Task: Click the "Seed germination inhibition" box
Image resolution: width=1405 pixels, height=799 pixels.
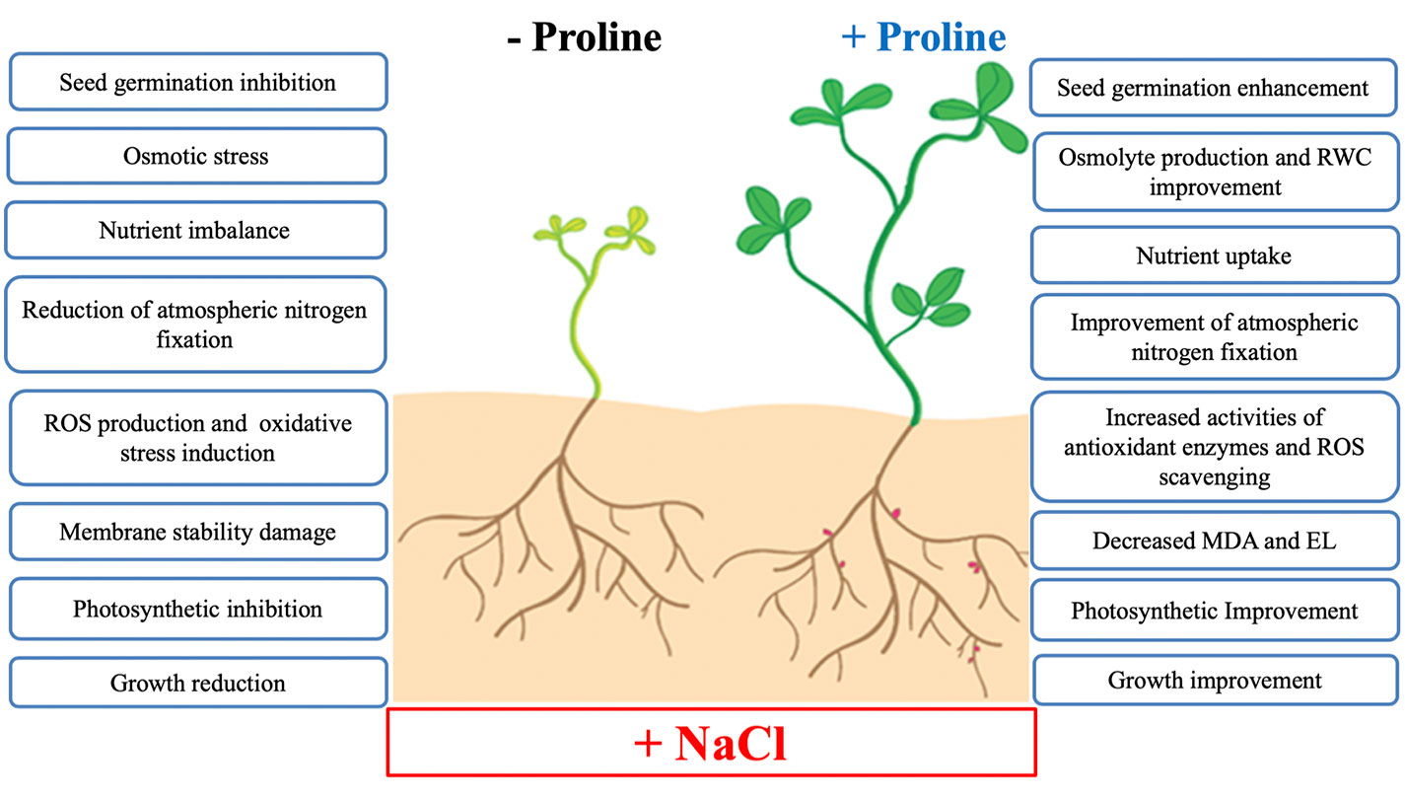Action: point(197,82)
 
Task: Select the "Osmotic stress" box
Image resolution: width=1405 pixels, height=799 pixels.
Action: point(196,156)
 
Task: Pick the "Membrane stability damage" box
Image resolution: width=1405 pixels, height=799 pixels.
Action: point(197,533)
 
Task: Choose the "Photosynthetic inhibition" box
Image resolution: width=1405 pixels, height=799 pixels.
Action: point(197,609)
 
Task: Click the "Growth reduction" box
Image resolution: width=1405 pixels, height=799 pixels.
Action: point(197,683)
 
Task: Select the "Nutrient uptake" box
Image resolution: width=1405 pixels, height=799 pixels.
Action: point(1213,257)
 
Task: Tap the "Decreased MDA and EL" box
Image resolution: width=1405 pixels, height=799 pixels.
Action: point(1213,541)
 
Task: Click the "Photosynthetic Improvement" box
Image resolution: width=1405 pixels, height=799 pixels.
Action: point(1213,611)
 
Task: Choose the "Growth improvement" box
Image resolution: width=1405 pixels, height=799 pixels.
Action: point(1213,680)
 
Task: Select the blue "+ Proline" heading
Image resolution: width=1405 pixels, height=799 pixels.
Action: point(923,37)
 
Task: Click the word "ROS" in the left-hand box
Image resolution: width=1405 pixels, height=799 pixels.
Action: point(67,424)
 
